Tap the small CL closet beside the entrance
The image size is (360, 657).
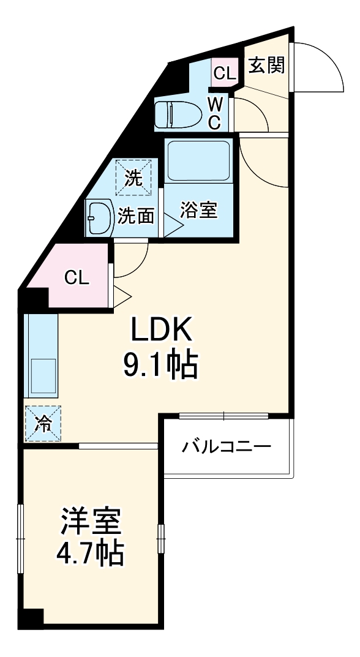[224, 73]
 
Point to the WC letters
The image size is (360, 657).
[214, 113]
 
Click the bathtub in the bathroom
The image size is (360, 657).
[197, 160]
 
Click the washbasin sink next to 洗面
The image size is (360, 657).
[99, 217]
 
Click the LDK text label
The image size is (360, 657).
[161, 331]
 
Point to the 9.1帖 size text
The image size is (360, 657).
[160, 366]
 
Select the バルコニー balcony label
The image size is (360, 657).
[226, 446]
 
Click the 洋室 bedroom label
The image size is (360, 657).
[91, 521]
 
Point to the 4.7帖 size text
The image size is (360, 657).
[91, 554]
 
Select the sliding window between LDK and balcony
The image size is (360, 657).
[224, 416]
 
